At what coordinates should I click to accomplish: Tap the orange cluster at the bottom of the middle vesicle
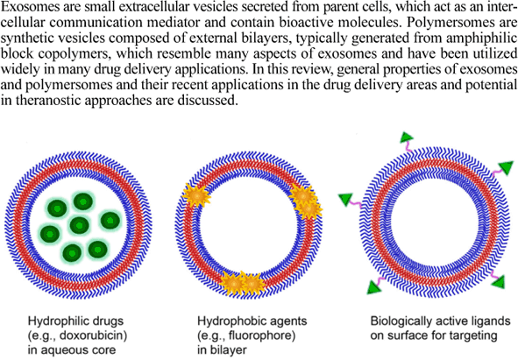pos(238,282)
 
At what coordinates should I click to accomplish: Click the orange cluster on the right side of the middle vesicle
pos(307,202)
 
